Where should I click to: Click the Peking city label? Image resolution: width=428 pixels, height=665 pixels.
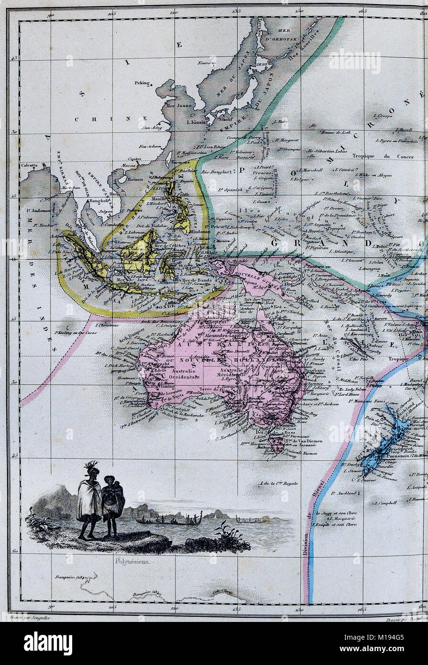pos(142,82)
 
